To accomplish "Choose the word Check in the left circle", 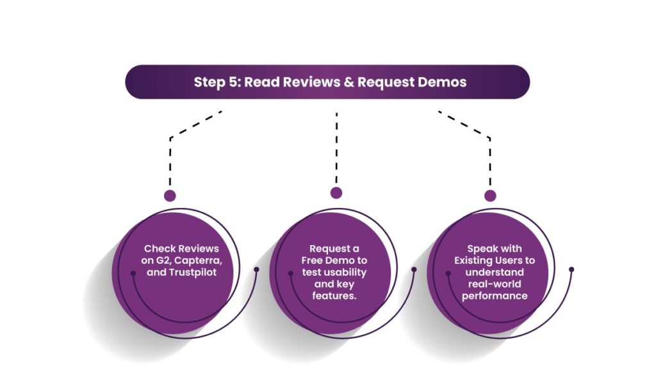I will click(159, 248).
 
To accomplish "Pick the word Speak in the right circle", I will click(481, 248).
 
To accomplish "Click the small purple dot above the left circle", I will click(170, 196).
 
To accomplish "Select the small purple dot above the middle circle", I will click(336, 192).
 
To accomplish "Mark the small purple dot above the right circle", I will click(490, 196).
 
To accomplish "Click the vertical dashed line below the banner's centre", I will click(336, 148).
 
